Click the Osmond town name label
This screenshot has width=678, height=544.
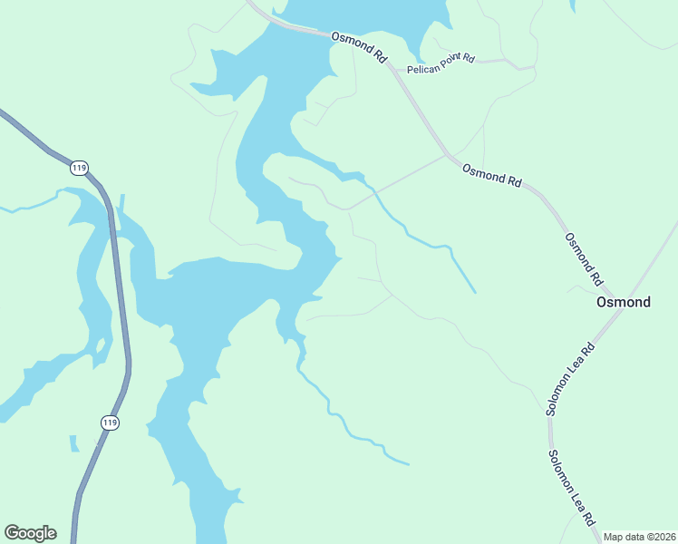click(x=624, y=302)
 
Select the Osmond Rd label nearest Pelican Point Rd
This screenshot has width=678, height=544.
click(x=359, y=46)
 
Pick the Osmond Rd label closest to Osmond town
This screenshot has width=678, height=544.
click(x=584, y=259)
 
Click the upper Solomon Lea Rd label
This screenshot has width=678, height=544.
click(x=570, y=378)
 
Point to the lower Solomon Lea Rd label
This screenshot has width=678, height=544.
click(x=570, y=488)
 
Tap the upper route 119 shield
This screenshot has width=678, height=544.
click(x=80, y=168)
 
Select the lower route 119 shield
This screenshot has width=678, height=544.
click(x=110, y=423)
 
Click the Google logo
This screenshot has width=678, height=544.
click(x=30, y=533)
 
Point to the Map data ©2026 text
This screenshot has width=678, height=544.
click(x=639, y=537)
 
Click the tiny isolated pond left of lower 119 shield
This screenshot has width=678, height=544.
click(x=73, y=442)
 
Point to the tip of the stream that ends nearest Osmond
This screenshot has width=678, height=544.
click(x=474, y=292)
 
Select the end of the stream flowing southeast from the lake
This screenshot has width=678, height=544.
click(x=408, y=464)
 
